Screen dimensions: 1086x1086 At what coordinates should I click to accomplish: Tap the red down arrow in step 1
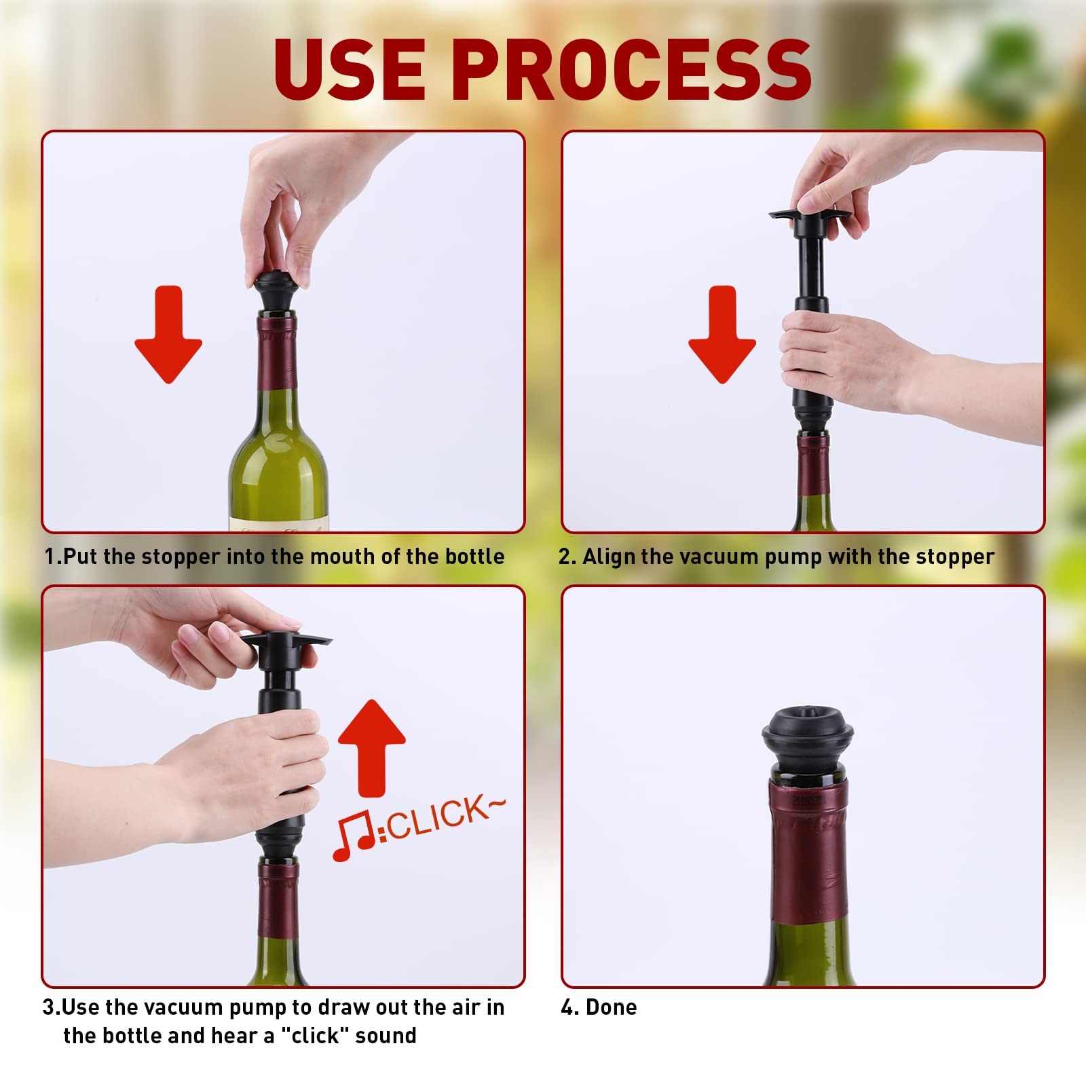click(168, 335)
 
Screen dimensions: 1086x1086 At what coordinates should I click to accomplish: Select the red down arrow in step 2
click(722, 335)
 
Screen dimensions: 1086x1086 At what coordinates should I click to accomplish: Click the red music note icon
click(354, 836)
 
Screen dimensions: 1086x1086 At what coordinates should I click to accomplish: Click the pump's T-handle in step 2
click(810, 216)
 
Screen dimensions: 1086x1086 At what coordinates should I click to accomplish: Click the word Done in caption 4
click(612, 1007)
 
